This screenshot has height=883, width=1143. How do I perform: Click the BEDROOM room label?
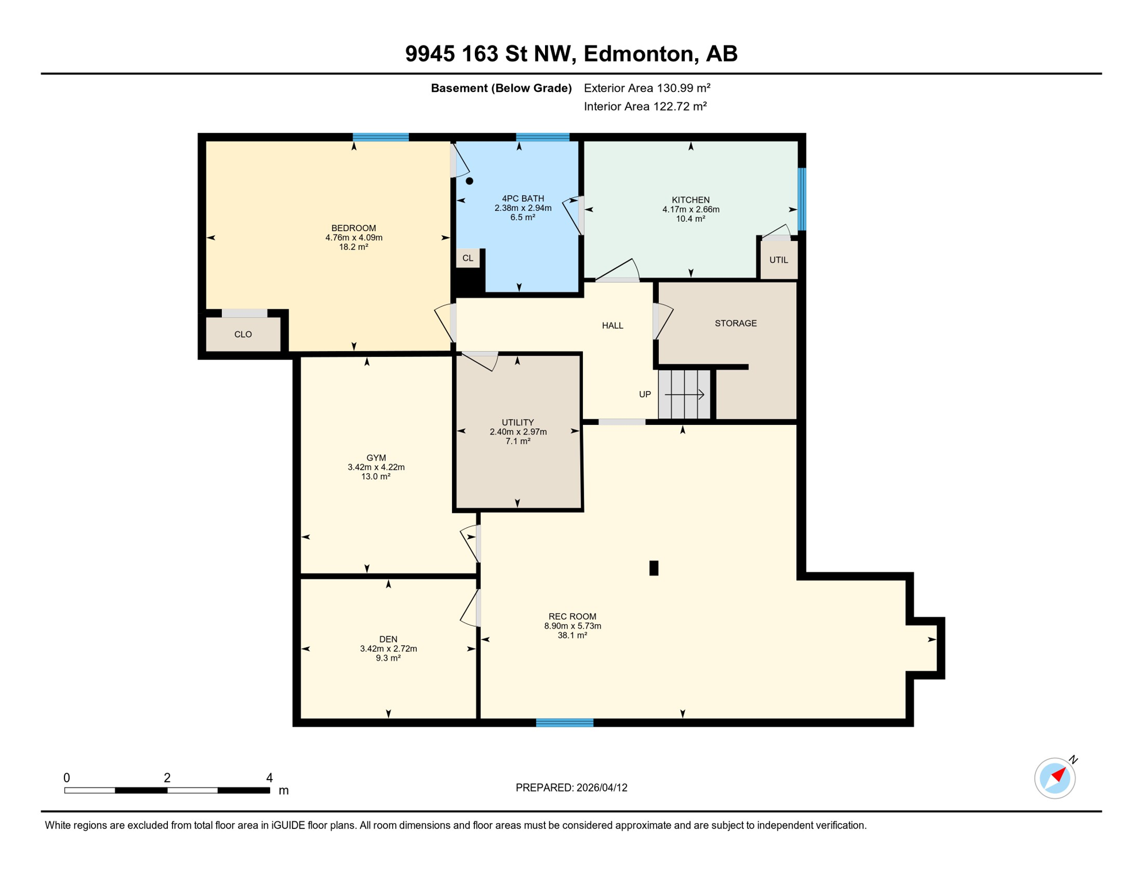353,228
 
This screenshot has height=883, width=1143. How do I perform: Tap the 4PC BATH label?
523,198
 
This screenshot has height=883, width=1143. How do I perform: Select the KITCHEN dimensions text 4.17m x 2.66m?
691,209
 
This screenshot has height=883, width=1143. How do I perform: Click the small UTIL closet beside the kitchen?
778,260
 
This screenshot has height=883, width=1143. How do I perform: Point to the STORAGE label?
735,323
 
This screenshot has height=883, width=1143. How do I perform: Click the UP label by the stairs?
645,394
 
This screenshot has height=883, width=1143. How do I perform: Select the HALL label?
612,325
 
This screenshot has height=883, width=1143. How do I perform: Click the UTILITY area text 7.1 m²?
517,441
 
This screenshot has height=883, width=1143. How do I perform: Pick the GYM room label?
376,458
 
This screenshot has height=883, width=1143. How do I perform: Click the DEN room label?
388,639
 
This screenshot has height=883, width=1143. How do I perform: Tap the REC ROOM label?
572,616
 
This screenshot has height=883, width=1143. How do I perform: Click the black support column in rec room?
654,568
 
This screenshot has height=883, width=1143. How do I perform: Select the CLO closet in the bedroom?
243,335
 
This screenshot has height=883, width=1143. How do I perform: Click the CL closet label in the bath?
468,258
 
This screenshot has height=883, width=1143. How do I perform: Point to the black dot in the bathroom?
469,181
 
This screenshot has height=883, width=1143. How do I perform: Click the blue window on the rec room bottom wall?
565,723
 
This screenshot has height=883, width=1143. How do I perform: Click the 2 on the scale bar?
167,778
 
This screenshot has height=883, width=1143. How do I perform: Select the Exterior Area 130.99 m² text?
647,88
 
